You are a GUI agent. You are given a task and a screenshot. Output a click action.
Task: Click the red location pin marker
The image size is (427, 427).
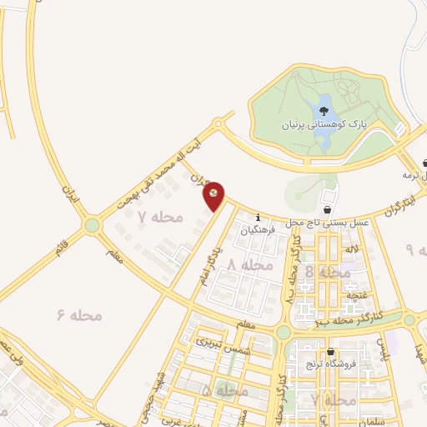point(214,194)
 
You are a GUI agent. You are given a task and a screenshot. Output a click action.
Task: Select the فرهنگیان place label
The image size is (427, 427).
point(258,231)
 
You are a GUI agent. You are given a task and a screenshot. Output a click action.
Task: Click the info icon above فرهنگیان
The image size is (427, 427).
point(258,217)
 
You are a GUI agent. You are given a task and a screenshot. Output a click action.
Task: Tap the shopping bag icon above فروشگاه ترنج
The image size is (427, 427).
point(332,351)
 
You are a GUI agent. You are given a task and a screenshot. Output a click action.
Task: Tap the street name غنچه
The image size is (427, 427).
point(354,296)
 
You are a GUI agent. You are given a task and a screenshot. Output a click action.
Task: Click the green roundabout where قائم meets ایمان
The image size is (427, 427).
point(93,224)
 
